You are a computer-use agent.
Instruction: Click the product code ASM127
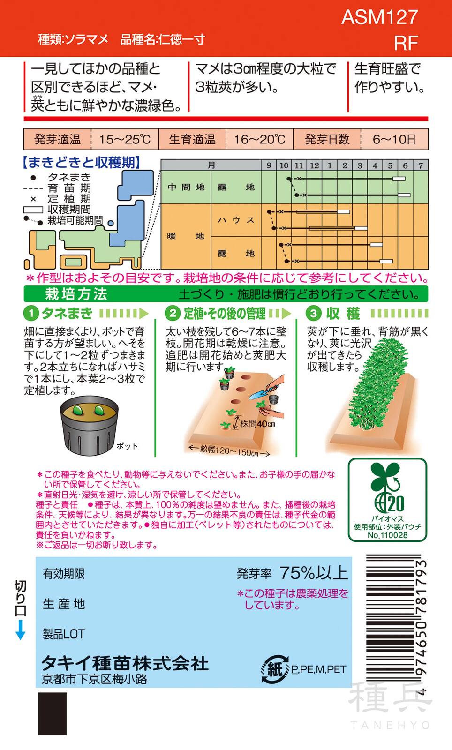pos(379,17)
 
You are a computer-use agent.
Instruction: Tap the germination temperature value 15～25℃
pos(124,140)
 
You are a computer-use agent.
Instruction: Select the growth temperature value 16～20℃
pos(259,140)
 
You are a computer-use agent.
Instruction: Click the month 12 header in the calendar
pos(314,165)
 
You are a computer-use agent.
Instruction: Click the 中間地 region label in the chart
pos(186,187)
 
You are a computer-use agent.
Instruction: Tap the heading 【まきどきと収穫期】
pos(81,163)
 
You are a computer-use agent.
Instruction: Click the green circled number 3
pos(314,314)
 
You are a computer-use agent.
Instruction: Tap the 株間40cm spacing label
pos(257,424)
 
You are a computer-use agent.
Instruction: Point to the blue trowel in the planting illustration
pos(259,394)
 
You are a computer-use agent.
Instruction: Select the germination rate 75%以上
pos(314,573)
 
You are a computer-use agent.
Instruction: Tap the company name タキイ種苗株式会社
pos(125,663)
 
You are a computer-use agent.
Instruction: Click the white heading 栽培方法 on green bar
pos(76,294)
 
